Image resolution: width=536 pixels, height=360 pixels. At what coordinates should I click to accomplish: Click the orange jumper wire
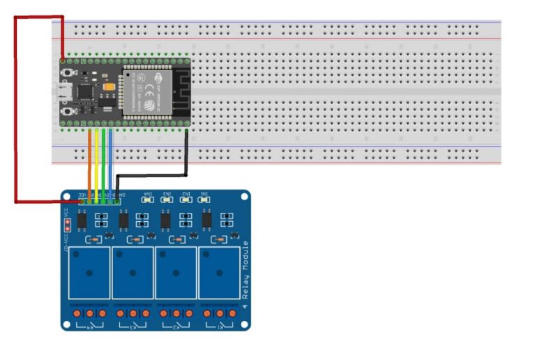coord(89,164)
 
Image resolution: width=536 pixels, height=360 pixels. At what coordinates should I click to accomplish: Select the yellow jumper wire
coord(96,164)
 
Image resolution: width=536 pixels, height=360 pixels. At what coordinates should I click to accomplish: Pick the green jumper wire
coord(103,164)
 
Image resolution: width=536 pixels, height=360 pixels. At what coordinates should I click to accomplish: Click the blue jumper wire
coord(110,164)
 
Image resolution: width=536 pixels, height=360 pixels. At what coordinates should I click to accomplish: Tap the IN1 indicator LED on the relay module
coord(205,200)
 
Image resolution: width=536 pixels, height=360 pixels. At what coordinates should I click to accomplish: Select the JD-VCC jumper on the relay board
coord(67,225)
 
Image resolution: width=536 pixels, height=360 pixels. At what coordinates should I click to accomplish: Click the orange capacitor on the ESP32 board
coord(109,84)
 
